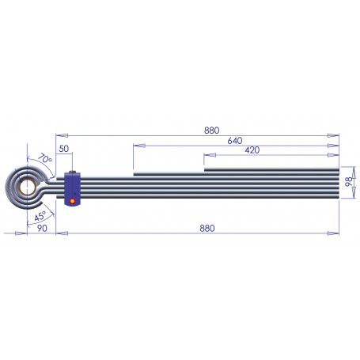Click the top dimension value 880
point(210,131)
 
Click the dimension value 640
point(234,140)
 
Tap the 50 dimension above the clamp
point(64,150)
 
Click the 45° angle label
point(39,215)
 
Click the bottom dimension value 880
point(207,228)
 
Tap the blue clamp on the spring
point(74,191)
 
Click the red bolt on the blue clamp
point(74,200)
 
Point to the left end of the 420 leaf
point(206,168)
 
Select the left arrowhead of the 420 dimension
point(207,155)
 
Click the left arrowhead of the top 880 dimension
point(61,135)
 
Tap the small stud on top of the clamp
point(73,172)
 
